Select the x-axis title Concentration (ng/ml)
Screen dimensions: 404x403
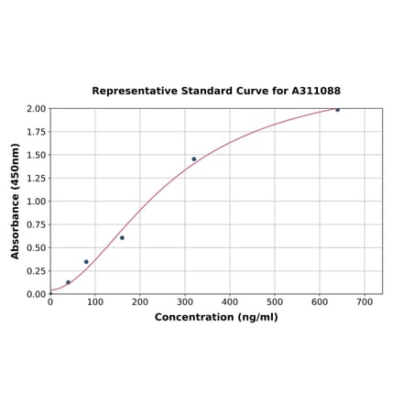pos(216,317)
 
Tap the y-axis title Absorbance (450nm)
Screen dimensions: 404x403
pos(16,201)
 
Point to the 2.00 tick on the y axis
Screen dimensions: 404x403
pos(36,109)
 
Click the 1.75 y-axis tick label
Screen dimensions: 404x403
pos(36,132)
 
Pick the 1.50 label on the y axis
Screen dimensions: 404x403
pos(36,155)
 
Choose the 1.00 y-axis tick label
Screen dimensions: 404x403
pos(36,202)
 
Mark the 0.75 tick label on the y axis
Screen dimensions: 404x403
pos(36,224)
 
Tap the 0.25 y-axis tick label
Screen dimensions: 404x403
pos(36,271)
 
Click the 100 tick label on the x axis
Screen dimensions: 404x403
pos(95,301)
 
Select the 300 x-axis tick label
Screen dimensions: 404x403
pos(185,301)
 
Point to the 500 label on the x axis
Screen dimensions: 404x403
pos(275,301)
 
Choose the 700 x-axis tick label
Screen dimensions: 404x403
pos(365,301)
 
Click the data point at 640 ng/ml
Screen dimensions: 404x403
pos(337,110)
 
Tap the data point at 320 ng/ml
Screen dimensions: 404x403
pos(194,159)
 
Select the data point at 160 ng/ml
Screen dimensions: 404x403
pos(122,238)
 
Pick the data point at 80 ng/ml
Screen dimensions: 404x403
pos(86,262)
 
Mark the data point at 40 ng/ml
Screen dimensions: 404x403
pos(68,282)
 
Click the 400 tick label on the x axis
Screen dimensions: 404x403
pos(230,301)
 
